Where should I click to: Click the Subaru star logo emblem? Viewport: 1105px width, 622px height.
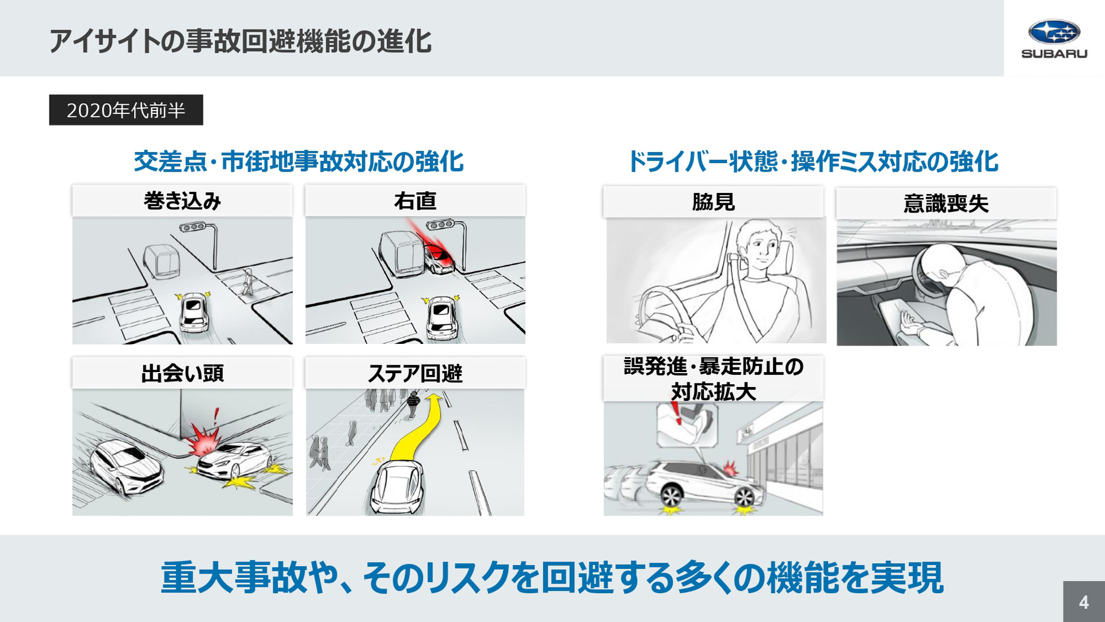pyautogui.click(x=1054, y=32)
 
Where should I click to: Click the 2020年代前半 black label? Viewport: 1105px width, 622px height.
pyautogui.click(x=126, y=110)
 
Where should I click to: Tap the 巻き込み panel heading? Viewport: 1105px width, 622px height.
pyautogui.click(x=182, y=201)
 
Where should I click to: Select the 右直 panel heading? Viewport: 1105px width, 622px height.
pyautogui.click(x=415, y=201)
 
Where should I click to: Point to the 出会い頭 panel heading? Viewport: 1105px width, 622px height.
pyautogui.click(x=182, y=373)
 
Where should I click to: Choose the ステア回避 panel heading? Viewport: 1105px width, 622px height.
pyautogui.click(x=415, y=373)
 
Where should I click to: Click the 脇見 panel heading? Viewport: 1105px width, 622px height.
pyautogui.click(x=713, y=202)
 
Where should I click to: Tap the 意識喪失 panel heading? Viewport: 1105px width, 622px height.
pyautogui.click(x=946, y=203)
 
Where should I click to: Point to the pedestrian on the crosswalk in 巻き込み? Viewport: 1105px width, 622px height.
pyautogui.click(x=248, y=282)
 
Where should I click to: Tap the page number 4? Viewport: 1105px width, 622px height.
pyautogui.click(x=1084, y=602)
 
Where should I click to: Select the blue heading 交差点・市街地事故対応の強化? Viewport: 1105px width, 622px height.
pyautogui.click(x=298, y=161)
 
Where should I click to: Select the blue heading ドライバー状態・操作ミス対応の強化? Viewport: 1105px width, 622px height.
pyautogui.click(x=812, y=161)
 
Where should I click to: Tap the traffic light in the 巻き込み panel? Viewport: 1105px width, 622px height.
pyautogui.click(x=193, y=227)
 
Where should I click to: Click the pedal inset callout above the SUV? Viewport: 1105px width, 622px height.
pyautogui.click(x=688, y=423)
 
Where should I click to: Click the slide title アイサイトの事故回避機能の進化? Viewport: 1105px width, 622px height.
pyautogui.click(x=240, y=41)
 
